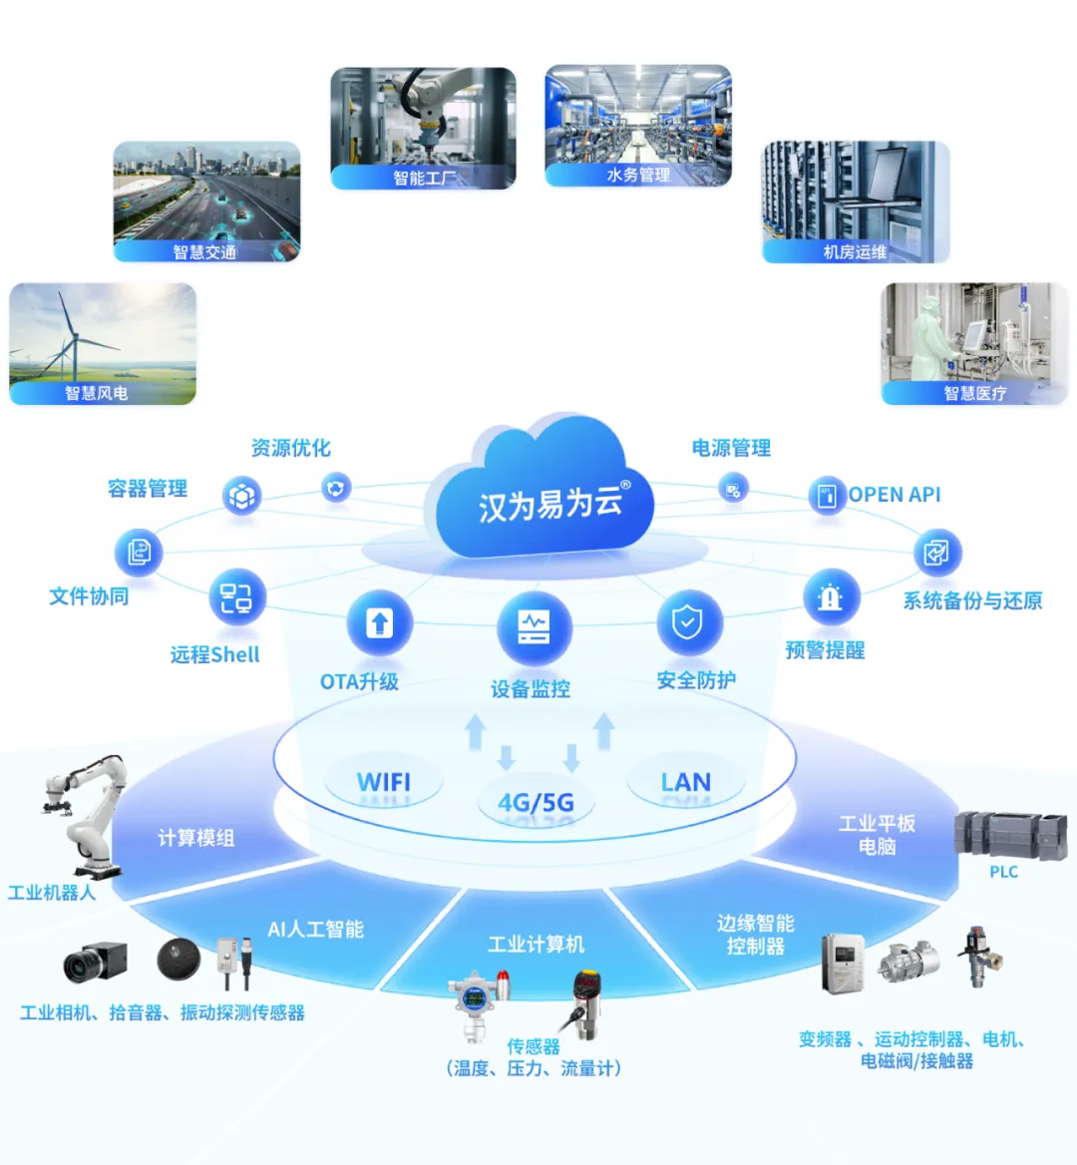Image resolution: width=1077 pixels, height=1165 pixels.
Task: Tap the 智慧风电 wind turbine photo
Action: click(103, 343)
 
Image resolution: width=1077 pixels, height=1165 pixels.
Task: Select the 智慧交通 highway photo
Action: click(206, 200)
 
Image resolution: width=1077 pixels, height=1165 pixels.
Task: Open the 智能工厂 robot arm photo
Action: click(423, 127)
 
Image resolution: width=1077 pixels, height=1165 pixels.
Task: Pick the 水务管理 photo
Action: click(638, 125)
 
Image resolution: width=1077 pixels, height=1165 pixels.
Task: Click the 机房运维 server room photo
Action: click(856, 200)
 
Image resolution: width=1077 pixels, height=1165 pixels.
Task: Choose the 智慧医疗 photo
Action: click(974, 343)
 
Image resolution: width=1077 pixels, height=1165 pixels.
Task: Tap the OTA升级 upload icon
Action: click(379, 624)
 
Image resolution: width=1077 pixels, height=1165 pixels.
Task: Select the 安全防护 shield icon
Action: click(687, 623)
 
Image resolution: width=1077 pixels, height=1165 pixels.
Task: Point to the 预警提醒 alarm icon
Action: click(830, 597)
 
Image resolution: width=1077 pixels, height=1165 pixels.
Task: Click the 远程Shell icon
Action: click(236, 597)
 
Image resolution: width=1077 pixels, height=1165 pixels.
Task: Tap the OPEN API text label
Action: click(895, 495)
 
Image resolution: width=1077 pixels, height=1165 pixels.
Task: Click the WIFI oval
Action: click(384, 782)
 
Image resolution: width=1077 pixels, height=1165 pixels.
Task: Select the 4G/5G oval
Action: click(536, 803)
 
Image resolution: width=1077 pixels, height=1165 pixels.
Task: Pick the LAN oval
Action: click(686, 782)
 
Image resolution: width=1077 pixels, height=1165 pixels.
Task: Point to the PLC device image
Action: click(997, 835)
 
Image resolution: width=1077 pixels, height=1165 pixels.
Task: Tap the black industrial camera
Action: click(95, 962)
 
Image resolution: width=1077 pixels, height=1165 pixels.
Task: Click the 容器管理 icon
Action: click(242, 495)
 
